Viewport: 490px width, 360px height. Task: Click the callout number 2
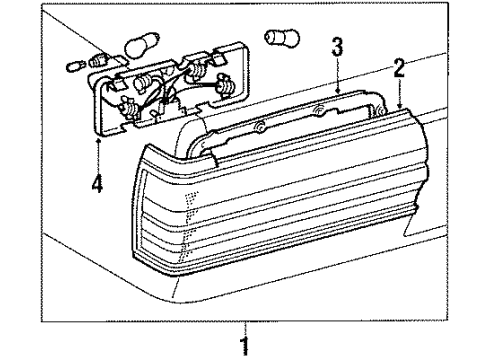[398, 68]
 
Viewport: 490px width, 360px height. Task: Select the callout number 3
[337, 47]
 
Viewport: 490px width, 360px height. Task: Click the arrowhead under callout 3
[337, 92]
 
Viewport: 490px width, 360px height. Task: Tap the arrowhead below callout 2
[398, 106]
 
